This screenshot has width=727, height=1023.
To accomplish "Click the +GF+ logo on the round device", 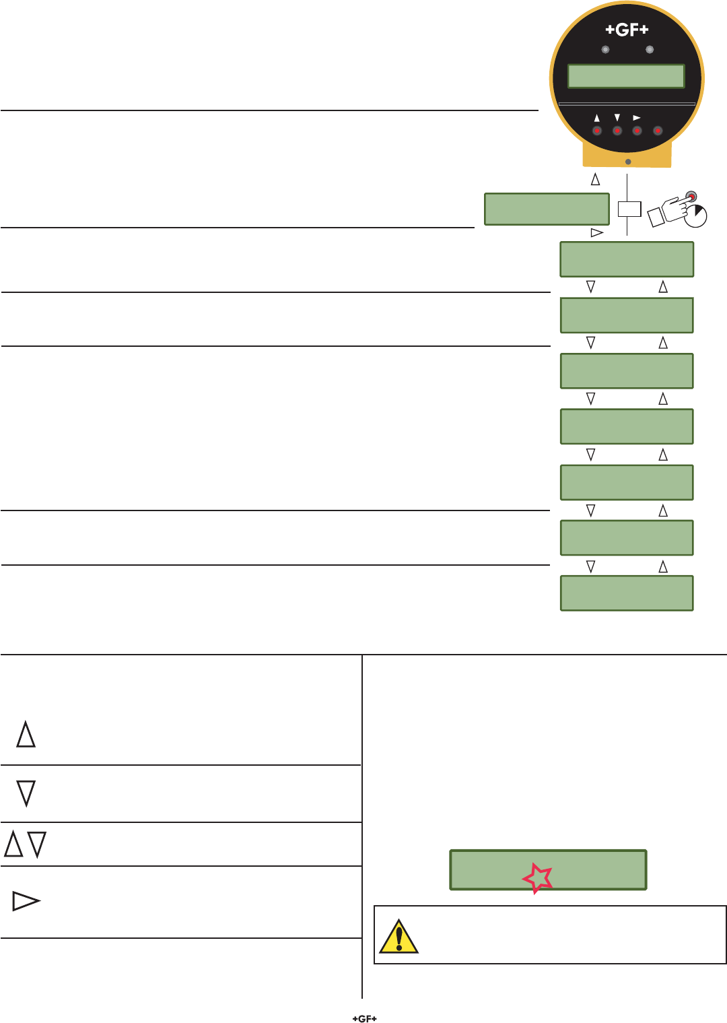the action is pyautogui.click(x=627, y=30).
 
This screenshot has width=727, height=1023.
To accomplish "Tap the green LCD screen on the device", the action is pyautogui.click(x=626, y=76).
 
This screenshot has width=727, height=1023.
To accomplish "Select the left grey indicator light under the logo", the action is pyautogui.click(x=606, y=50).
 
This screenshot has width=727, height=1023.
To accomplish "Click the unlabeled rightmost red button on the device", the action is pyautogui.click(x=658, y=131).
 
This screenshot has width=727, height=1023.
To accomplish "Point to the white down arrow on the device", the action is pyautogui.click(x=617, y=118).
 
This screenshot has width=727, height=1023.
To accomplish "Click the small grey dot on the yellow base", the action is pyautogui.click(x=628, y=162).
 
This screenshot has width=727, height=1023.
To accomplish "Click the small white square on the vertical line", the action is pyautogui.click(x=629, y=209).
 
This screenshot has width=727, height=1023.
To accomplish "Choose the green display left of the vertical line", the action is pyautogui.click(x=547, y=209).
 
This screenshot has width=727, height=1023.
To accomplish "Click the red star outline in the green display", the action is pyautogui.click(x=537, y=878).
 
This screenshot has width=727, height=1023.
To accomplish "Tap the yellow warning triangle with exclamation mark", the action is pyautogui.click(x=399, y=937).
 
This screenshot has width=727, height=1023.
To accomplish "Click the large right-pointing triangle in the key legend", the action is pyautogui.click(x=26, y=901).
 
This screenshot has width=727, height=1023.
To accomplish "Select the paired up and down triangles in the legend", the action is pyautogui.click(x=26, y=844).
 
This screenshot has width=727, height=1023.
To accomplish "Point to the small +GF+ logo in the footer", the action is pyautogui.click(x=364, y=1018).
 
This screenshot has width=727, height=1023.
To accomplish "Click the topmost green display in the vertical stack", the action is pyautogui.click(x=627, y=259).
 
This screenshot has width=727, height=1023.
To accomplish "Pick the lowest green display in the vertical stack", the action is pyautogui.click(x=627, y=593).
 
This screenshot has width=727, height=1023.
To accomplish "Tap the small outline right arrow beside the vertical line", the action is pyautogui.click(x=596, y=232).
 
